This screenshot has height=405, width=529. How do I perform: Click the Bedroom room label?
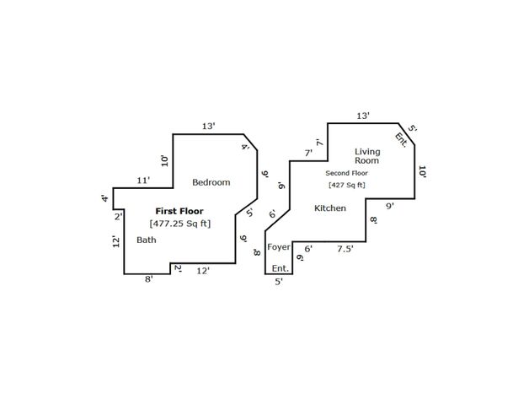[211, 182]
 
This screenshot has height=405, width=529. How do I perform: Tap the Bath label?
[147, 240]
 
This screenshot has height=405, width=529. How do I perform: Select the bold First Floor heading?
[179, 211]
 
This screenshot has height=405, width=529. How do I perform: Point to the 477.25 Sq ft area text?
[180, 224]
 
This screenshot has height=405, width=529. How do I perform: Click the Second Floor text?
[346, 173]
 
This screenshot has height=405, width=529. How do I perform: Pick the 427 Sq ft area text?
[347, 186]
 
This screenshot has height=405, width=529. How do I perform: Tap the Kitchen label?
[330, 208]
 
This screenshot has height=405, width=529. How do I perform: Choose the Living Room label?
[367, 156]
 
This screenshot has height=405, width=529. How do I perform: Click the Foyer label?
[279, 247]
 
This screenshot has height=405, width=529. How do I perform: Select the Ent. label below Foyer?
[281, 268]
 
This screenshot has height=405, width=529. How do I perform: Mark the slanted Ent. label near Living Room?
[401, 140]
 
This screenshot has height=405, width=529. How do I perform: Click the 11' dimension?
[143, 181]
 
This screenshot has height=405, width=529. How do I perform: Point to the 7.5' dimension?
[345, 249]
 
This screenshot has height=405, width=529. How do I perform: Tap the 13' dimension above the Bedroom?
[209, 127]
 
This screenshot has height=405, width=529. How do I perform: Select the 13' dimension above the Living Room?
[363, 116]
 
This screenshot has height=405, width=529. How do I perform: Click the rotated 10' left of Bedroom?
[164, 161]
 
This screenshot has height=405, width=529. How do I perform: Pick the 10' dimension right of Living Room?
[422, 172]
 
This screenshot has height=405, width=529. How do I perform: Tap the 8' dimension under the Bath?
[149, 279]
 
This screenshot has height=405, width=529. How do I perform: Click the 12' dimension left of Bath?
[116, 241]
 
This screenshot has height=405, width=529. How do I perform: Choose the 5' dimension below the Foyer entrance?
[279, 282]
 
